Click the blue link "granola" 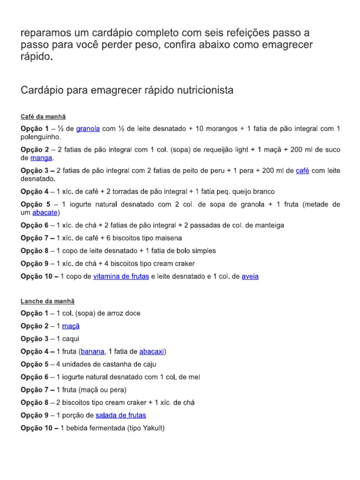[88, 128]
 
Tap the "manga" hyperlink [41, 158]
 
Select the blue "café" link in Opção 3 [302, 171]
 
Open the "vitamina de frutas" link [121, 277]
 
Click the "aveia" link [250, 277]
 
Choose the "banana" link [93, 351]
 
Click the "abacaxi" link [151, 351]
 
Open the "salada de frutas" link [120, 415]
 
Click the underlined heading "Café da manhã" [46, 116]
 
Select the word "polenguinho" [41, 137]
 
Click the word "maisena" [167, 238]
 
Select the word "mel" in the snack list [194, 377]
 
